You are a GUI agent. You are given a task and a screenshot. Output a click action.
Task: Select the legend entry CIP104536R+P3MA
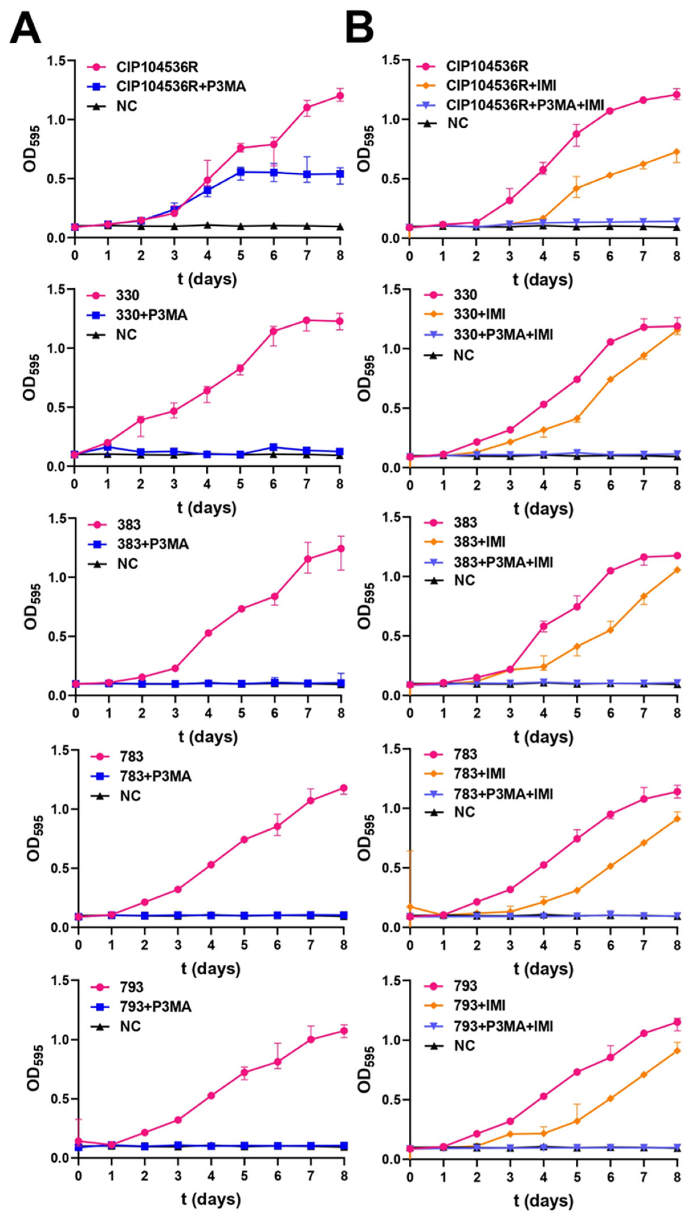pyautogui.click(x=181, y=86)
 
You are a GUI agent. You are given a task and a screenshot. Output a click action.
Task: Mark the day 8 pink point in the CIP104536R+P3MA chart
pyautogui.click(x=340, y=96)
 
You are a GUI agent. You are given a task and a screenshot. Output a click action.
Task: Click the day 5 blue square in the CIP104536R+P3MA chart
pyautogui.click(x=241, y=172)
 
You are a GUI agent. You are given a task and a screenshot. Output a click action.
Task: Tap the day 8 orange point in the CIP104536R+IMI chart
pyautogui.click(x=676, y=152)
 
